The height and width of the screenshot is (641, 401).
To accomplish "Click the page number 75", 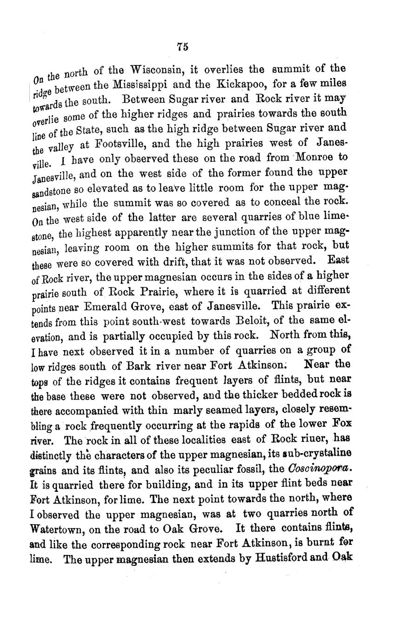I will (x=182, y=46).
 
